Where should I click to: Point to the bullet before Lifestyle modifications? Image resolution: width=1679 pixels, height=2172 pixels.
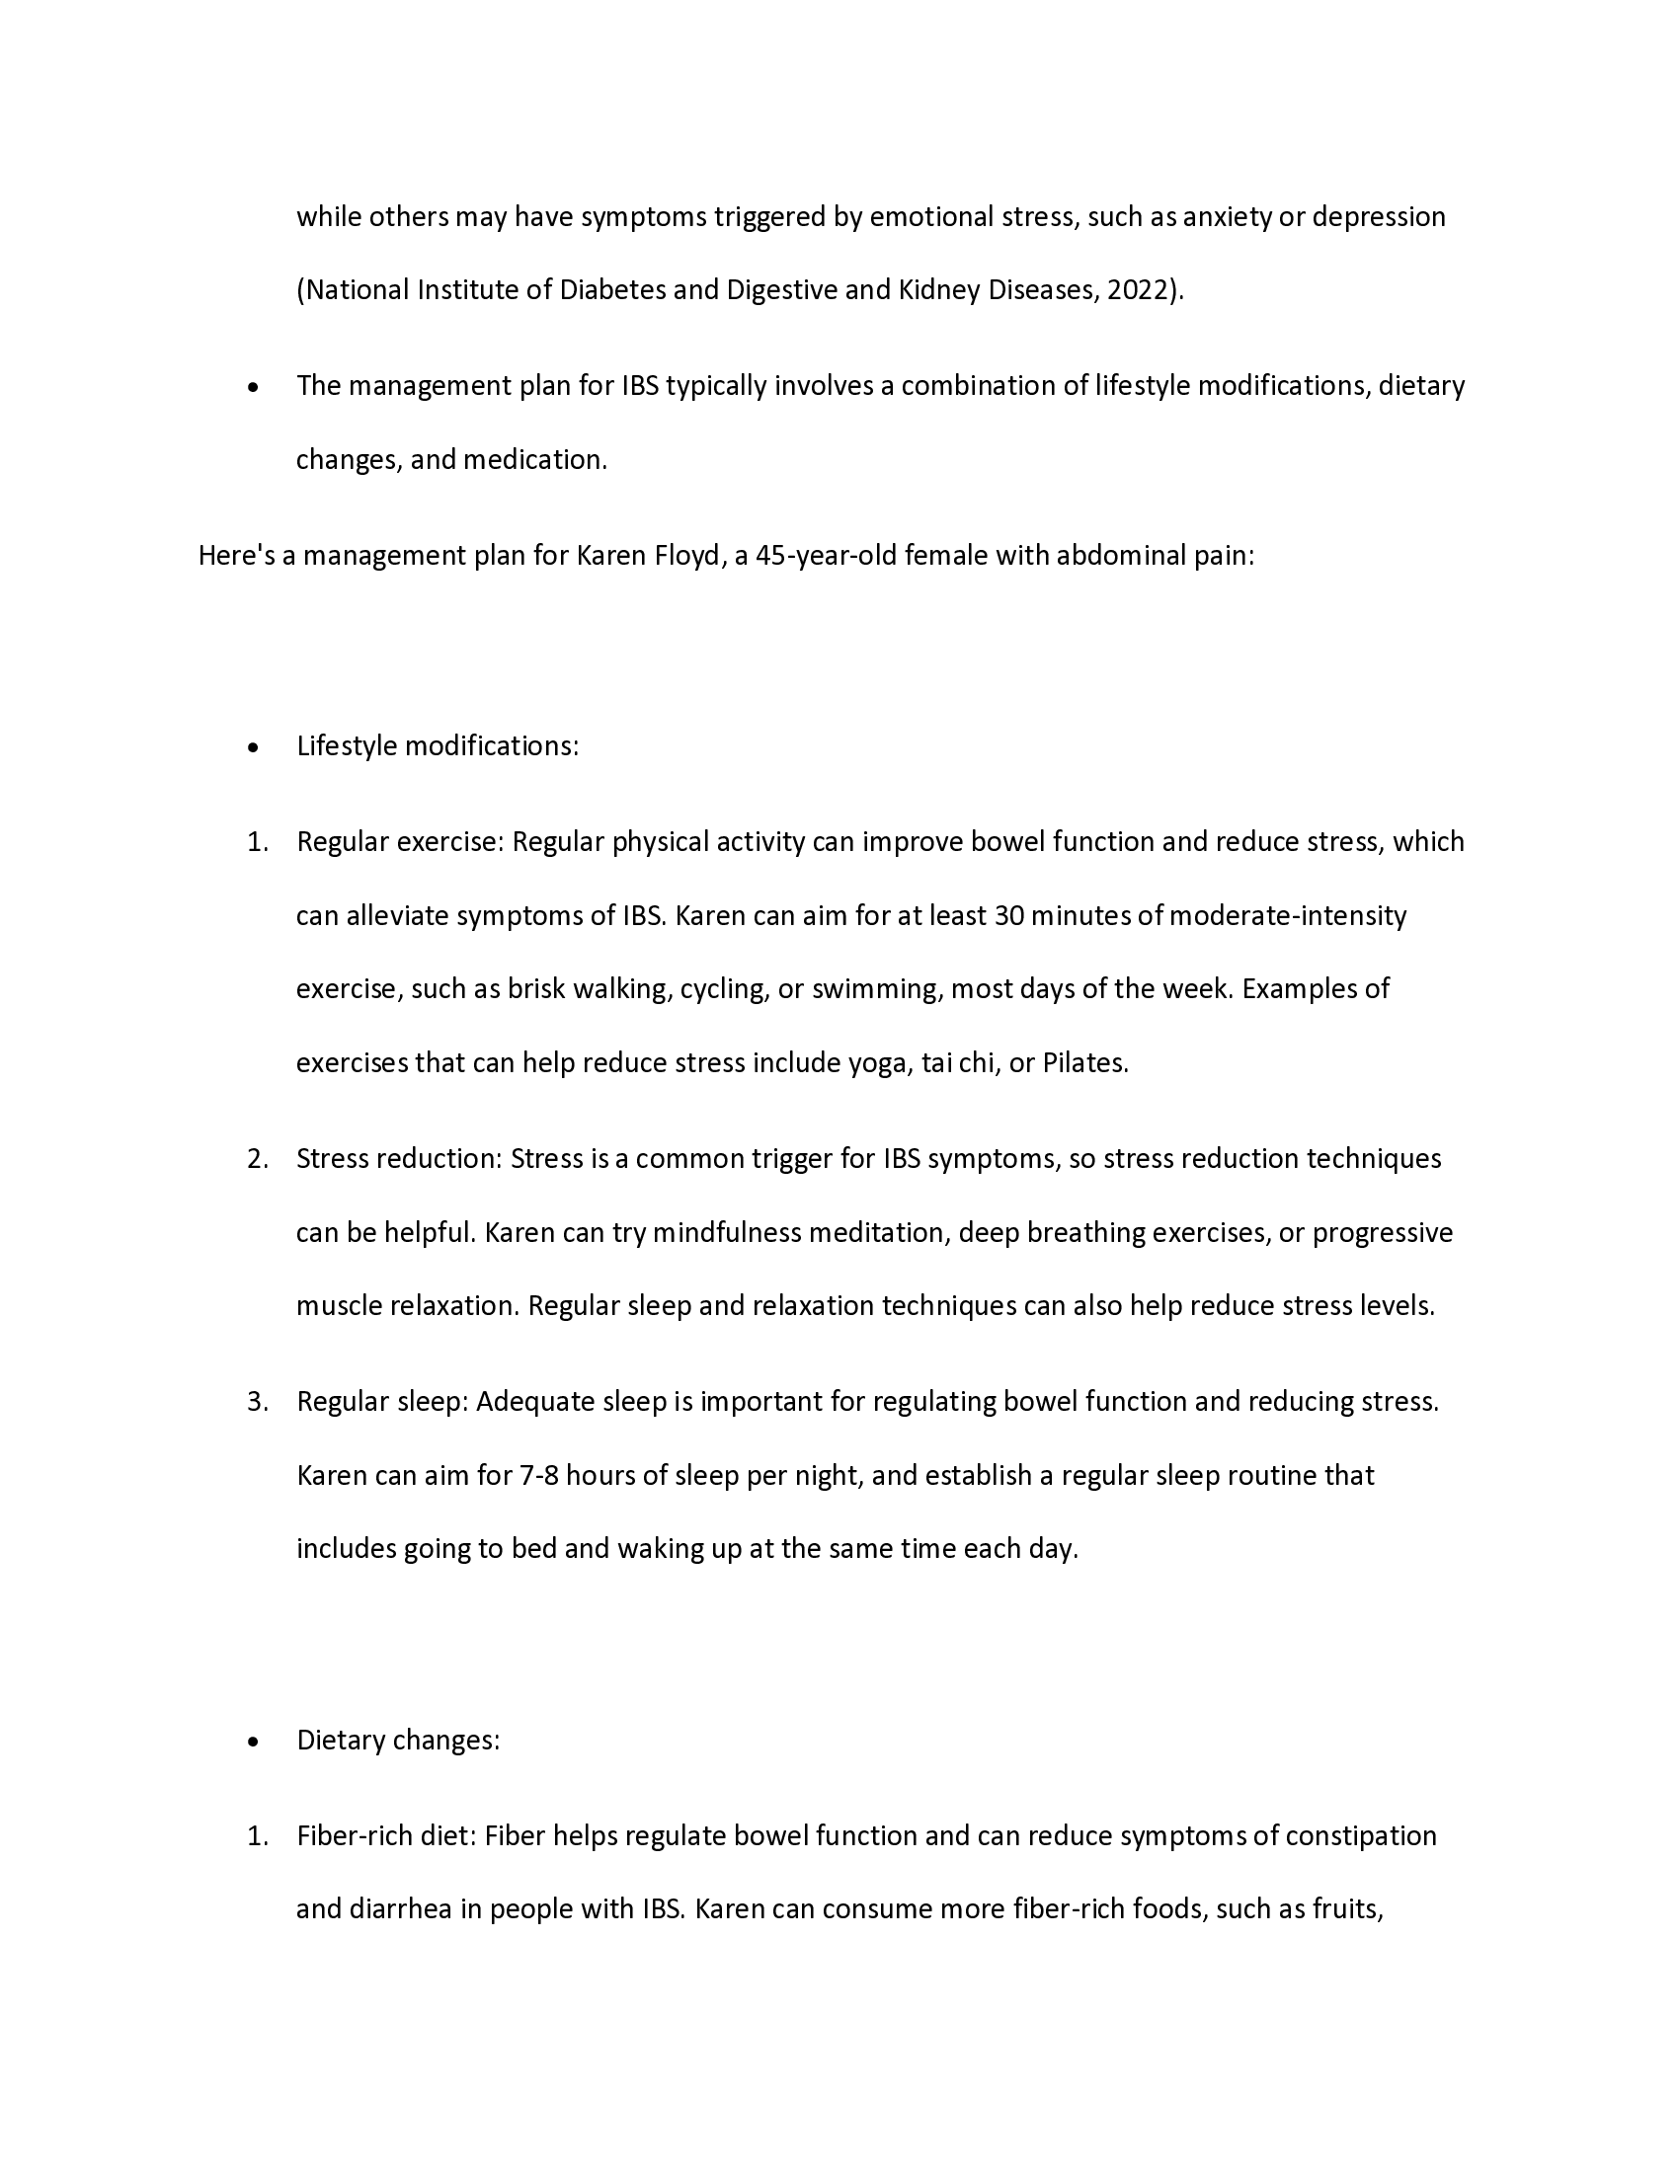(x=254, y=747)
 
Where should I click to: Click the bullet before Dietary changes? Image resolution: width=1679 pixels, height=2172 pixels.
(x=254, y=1741)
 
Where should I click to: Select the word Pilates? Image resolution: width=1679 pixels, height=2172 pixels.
(x=1084, y=1063)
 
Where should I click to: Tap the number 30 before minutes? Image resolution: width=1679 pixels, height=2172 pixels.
(x=1008, y=915)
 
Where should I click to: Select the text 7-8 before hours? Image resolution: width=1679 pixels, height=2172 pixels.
(x=540, y=1475)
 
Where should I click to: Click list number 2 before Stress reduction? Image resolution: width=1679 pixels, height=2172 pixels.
(x=257, y=1159)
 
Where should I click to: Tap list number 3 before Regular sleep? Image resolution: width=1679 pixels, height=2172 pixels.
(x=257, y=1401)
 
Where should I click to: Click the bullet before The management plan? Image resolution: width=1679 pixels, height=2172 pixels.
(x=254, y=387)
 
